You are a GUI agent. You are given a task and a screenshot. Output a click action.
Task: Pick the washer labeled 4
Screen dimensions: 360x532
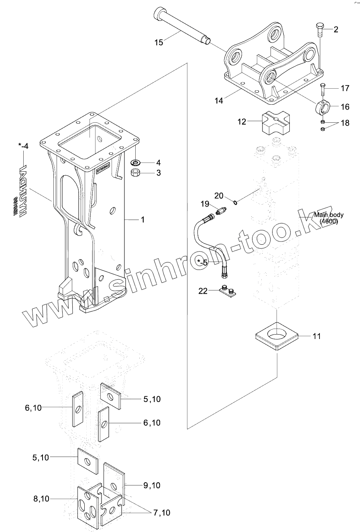(x=136, y=163)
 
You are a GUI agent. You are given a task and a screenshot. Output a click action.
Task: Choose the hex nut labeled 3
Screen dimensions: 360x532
(x=136, y=173)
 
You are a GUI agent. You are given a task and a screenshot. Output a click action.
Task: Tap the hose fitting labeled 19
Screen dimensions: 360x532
(x=222, y=210)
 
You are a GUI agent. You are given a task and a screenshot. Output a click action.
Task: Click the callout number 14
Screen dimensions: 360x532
(x=218, y=100)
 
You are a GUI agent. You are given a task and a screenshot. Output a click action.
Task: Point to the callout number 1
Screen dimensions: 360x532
(x=142, y=219)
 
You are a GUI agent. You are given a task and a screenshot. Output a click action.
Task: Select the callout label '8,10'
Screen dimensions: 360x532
(x=41, y=499)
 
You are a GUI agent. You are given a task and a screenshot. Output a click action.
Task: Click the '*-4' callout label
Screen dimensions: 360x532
(x=23, y=146)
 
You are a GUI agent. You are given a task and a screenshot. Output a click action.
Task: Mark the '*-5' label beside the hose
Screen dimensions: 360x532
(x=202, y=263)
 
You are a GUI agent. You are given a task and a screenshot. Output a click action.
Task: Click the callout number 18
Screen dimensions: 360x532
(x=344, y=123)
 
